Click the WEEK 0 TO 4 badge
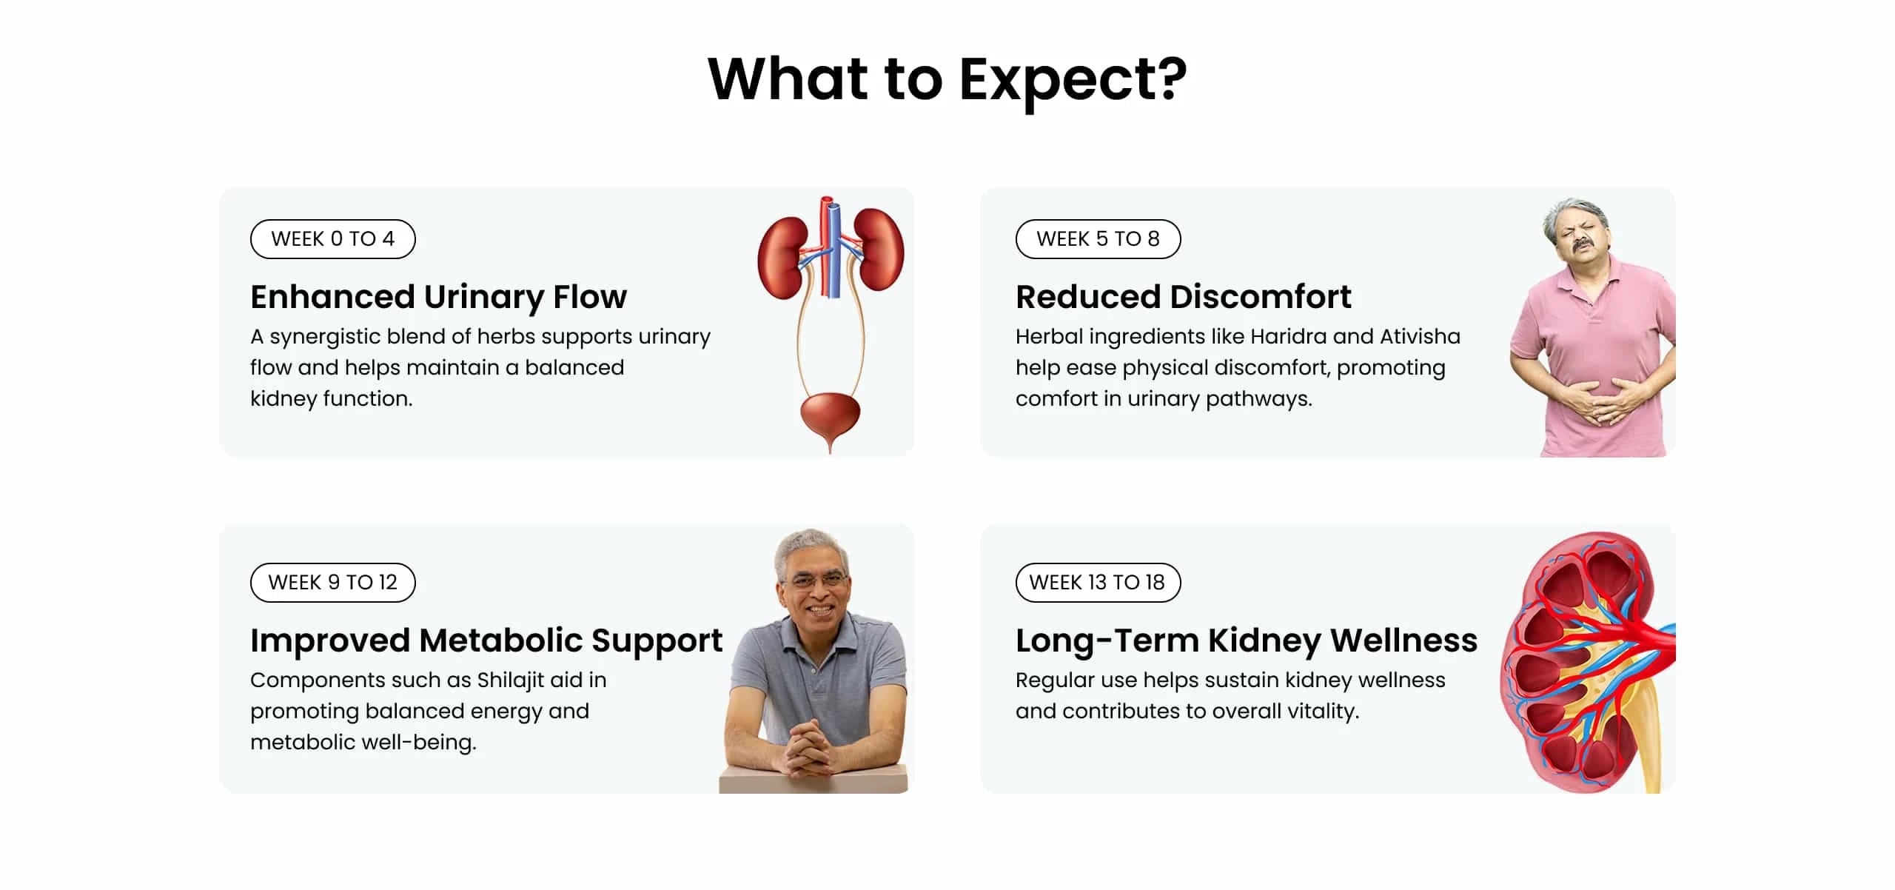point(332,238)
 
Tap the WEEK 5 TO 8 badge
point(1098,238)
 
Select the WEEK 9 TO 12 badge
point(332,582)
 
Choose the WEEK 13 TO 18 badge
point(1098,582)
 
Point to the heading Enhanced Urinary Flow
point(438,297)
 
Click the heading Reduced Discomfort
point(1183,297)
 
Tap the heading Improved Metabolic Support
point(486,641)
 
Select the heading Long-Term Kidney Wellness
point(1247,641)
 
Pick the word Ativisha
point(1420,336)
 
